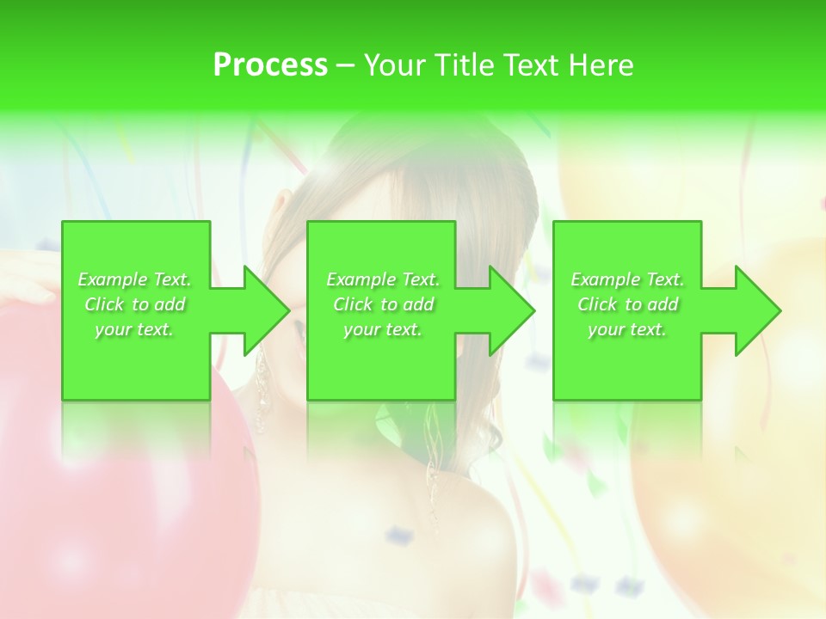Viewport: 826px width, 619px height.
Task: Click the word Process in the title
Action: coord(270,65)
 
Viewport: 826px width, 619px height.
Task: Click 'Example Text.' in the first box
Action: coord(135,279)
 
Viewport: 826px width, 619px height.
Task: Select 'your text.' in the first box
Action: coord(135,329)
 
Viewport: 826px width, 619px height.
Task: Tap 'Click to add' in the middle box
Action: coord(383,304)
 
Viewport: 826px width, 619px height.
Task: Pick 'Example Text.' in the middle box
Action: coord(383,279)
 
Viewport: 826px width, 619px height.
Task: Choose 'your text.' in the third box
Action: coord(627,329)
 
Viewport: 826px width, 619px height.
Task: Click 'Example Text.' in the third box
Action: coord(627,279)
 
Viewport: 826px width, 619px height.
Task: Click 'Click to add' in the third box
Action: coord(627,304)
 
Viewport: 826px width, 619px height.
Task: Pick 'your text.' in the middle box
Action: coord(383,329)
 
